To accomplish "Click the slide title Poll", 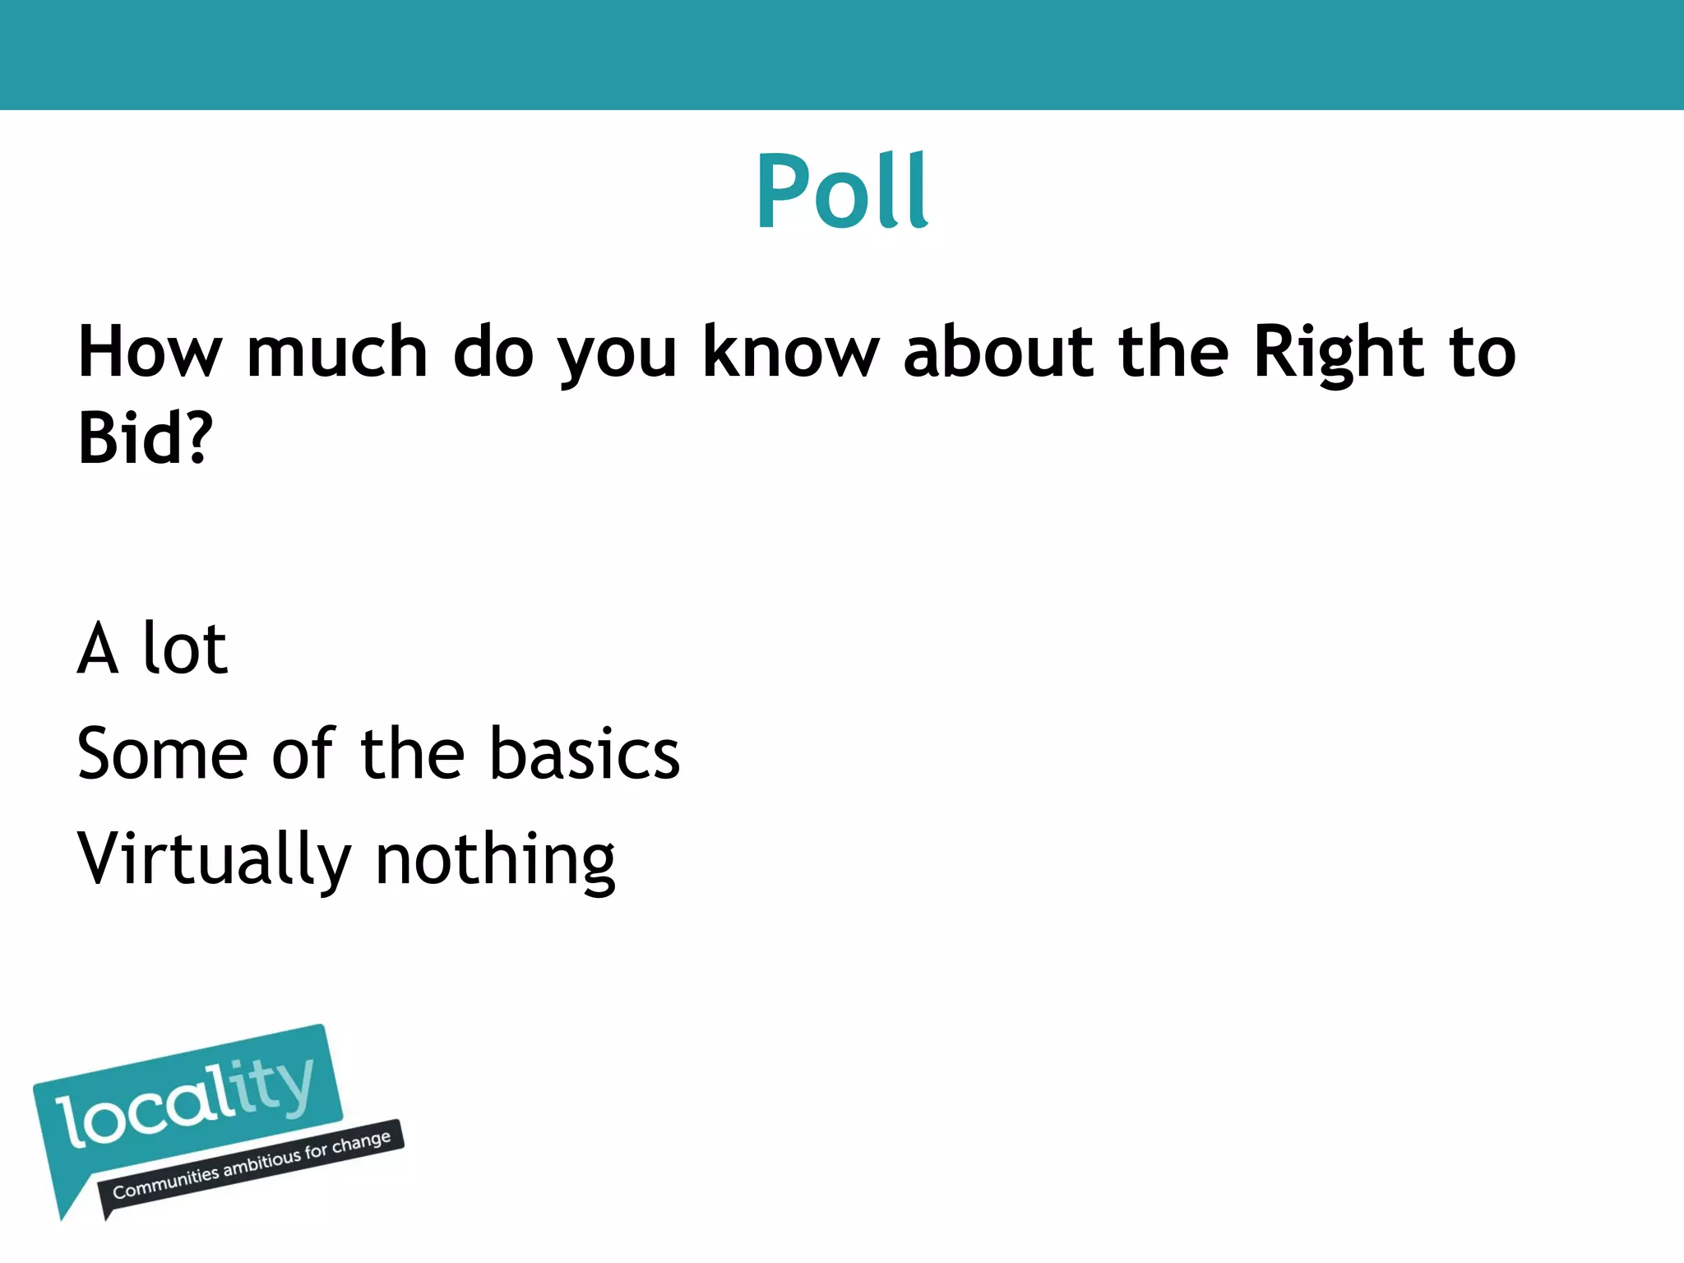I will (x=842, y=191).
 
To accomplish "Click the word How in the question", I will (x=150, y=352).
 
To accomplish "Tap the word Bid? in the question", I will (x=146, y=437).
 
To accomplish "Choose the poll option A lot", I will (x=153, y=649).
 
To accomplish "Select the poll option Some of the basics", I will (x=378, y=753).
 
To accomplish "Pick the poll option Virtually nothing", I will (x=346, y=859).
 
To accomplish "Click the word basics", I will (x=585, y=753).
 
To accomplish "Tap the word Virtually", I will (x=214, y=859).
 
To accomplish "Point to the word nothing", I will (x=495, y=859).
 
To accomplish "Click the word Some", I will (x=162, y=753).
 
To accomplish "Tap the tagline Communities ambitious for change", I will (x=251, y=1166).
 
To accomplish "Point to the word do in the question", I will (x=493, y=352).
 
